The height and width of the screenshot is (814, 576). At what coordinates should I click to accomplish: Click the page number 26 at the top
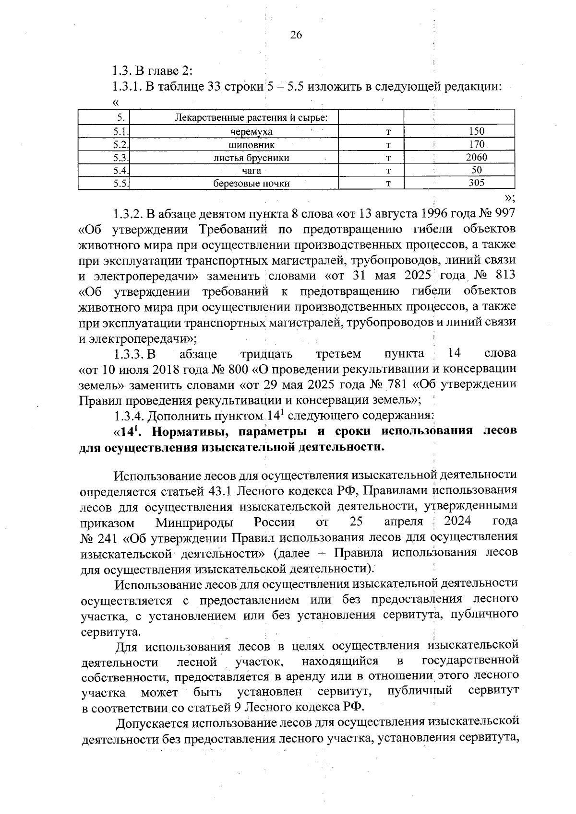click(296, 35)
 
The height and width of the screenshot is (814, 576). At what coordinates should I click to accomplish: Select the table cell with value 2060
click(476, 157)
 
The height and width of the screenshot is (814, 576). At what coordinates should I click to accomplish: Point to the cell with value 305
click(476, 183)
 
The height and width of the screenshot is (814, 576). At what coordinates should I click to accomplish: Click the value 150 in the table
click(476, 131)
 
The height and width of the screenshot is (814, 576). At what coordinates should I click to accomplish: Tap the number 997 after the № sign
click(504, 213)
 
